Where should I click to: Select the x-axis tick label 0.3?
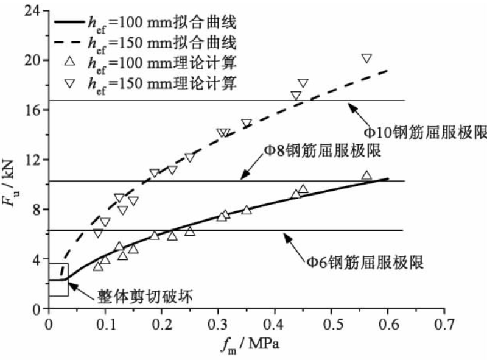[218, 322]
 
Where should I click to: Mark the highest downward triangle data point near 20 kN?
[366, 58]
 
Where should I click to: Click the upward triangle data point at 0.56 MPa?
[366, 175]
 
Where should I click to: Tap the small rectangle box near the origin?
[58, 280]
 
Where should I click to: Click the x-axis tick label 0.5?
[331, 322]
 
